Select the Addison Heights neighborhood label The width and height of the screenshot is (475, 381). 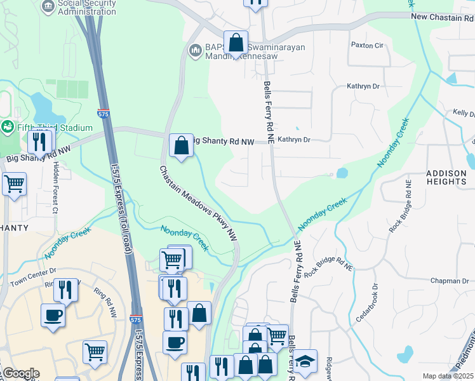point(446,177)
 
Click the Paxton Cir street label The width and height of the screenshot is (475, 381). point(368,46)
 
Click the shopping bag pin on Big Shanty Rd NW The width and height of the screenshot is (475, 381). point(181,145)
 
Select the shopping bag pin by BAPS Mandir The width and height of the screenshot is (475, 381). point(236,43)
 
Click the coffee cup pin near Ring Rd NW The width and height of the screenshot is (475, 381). point(53,315)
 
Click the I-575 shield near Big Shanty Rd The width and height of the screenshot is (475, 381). point(103,113)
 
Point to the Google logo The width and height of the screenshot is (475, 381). point(20,374)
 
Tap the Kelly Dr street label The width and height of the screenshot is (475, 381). point(464,113)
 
